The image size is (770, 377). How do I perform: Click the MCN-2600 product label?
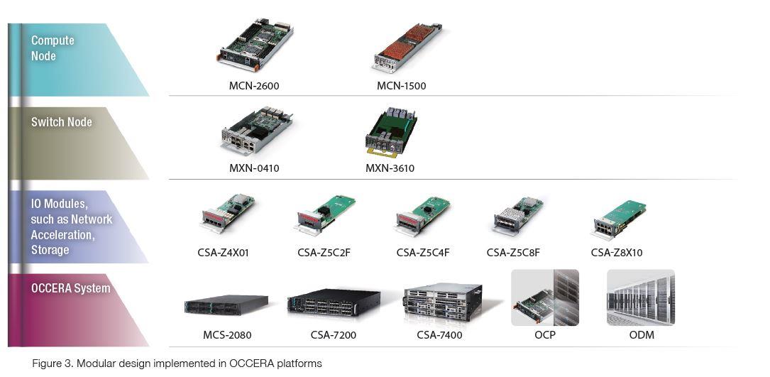coord(254,86)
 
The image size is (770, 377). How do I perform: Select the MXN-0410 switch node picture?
coord(256,131)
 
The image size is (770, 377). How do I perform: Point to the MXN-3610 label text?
coord(390,168)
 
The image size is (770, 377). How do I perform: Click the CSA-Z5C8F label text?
coord(513,252)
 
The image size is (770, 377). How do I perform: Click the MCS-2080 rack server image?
coord(226,305)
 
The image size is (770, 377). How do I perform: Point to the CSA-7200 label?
coord(334,334)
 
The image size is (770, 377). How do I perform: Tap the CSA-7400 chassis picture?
coord(442,303)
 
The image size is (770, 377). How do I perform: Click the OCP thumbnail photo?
coord(545,297)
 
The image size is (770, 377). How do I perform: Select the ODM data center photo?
coord(641,297)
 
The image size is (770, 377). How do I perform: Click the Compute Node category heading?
coord(53,48)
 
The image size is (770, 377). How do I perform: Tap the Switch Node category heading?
coord(62,122)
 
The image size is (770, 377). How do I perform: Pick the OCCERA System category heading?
coord(70,288)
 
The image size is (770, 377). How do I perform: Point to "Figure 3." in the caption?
coord(53,364)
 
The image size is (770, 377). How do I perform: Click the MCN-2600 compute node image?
coord(255,45)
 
